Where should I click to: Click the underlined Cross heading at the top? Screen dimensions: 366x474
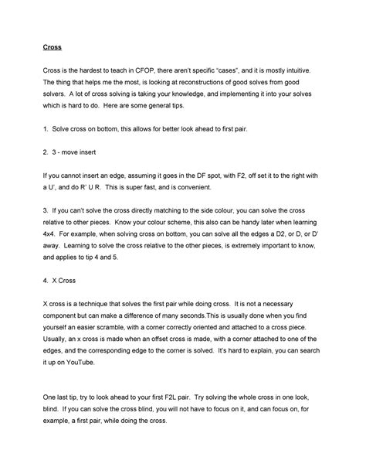point(51,46)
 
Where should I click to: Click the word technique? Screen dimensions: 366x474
point(100,303)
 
